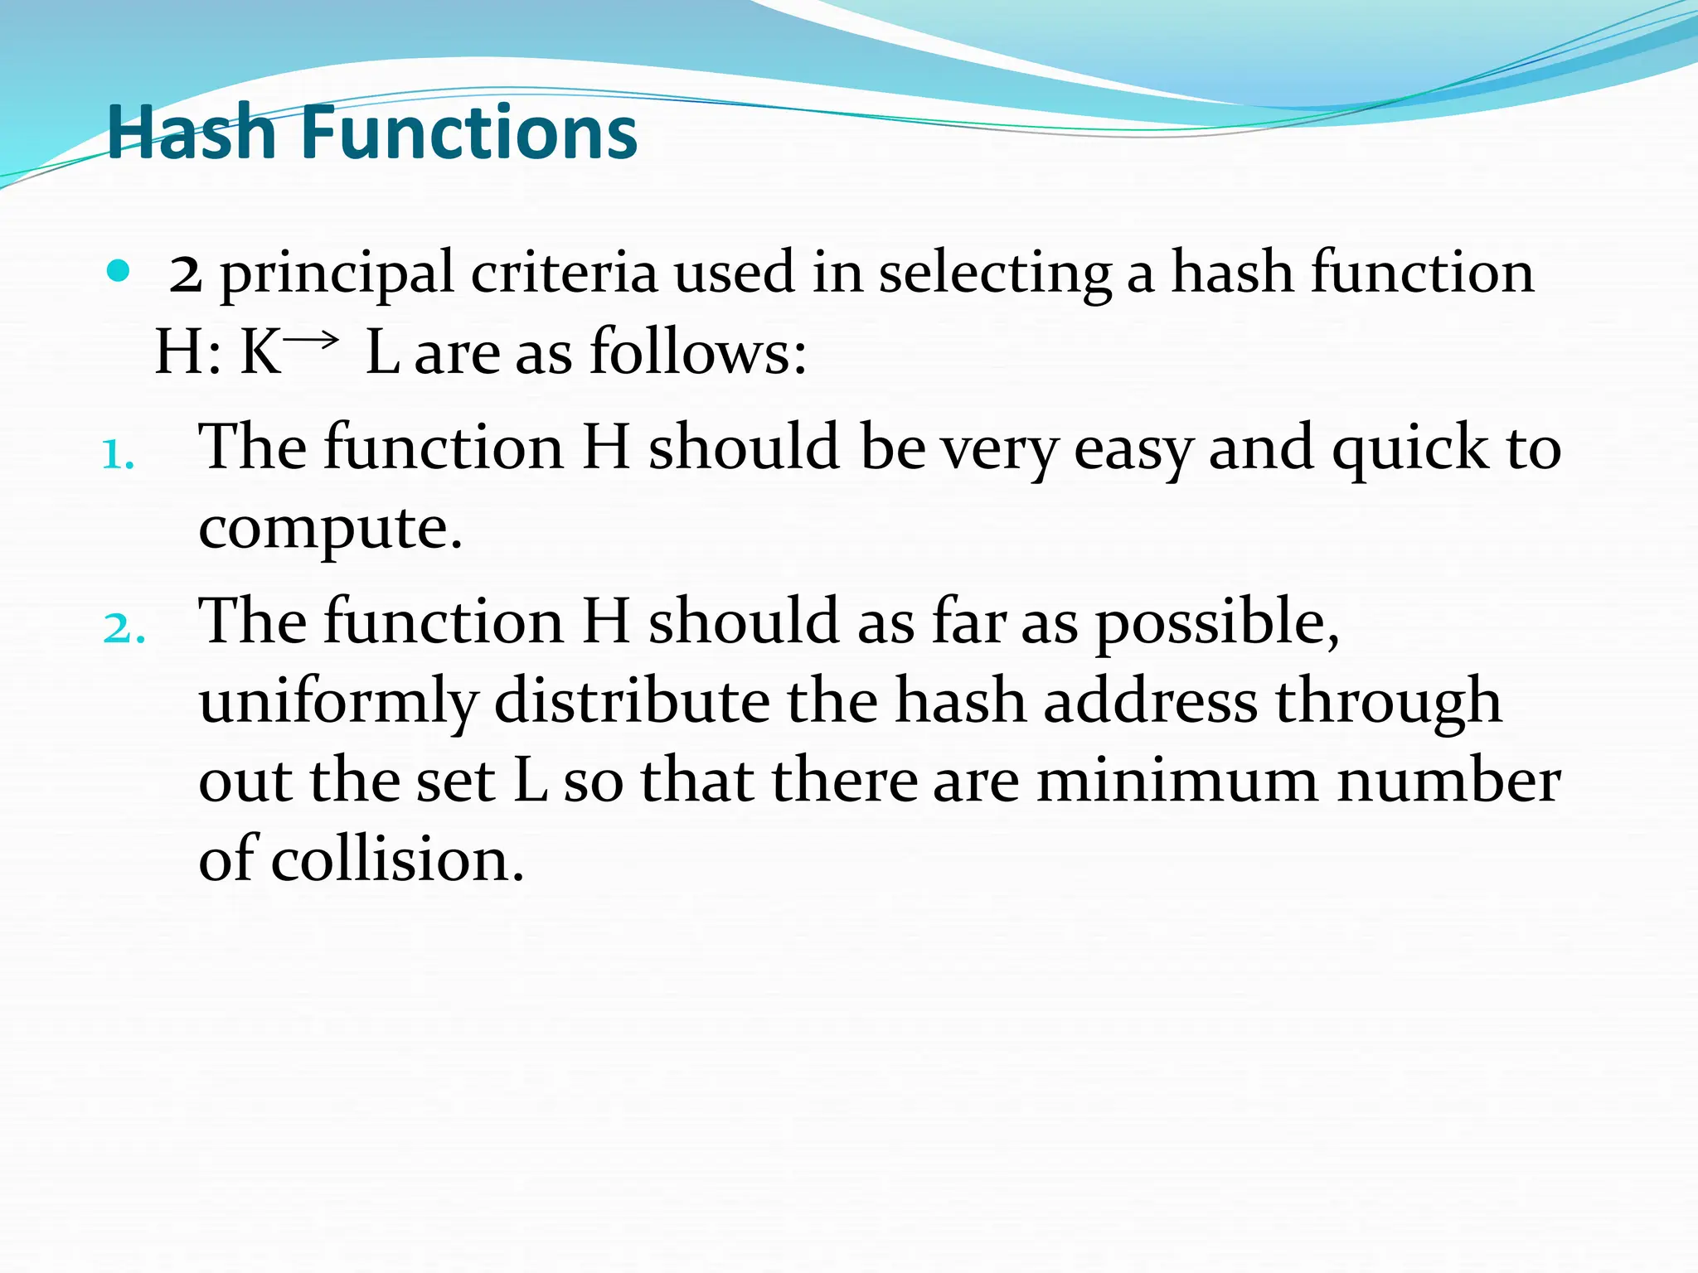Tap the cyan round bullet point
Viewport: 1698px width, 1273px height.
(119, 271)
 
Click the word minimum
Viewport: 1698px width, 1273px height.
(1177, 781)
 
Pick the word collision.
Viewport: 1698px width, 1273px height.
(398, 859)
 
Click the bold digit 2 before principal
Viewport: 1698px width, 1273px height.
(185, 274)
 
